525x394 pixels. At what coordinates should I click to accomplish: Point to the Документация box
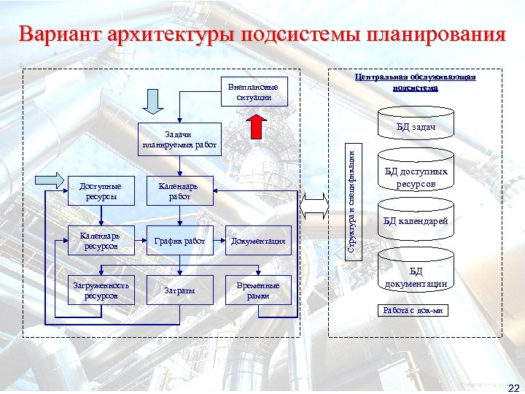pyautogui.click(x=258, y=241)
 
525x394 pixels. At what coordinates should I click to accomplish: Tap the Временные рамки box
pyautogui.click(x=258, y=290)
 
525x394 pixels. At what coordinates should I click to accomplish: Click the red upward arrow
pyautogui.click(x=256, y=125)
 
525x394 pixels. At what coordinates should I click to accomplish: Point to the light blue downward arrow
pyautogui.click(x=154, y=101)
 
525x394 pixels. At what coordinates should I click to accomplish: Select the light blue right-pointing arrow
pyautogui.click(x=50, y=179)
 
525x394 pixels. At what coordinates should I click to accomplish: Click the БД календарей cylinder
pyautogui.click(x=416, y=221)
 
